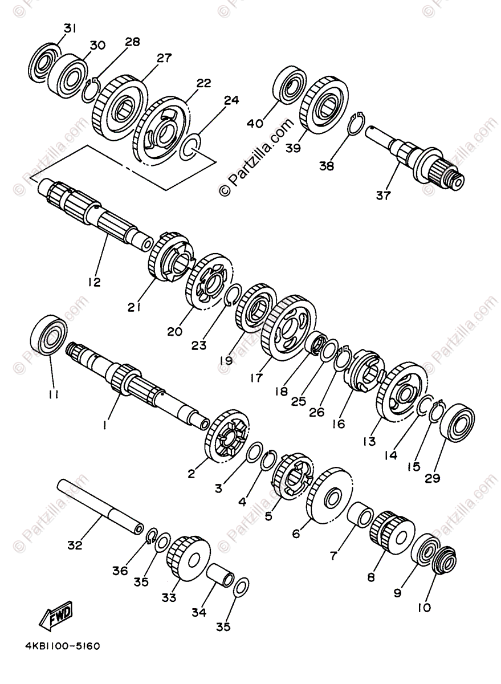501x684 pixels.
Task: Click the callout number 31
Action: tap(69, 28)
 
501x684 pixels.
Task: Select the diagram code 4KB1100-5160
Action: tap(62, 647)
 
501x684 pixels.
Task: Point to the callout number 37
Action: tap(383, 196)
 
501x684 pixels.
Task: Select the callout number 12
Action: tap(94, 282)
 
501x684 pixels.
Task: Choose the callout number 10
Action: tap(423, 608)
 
